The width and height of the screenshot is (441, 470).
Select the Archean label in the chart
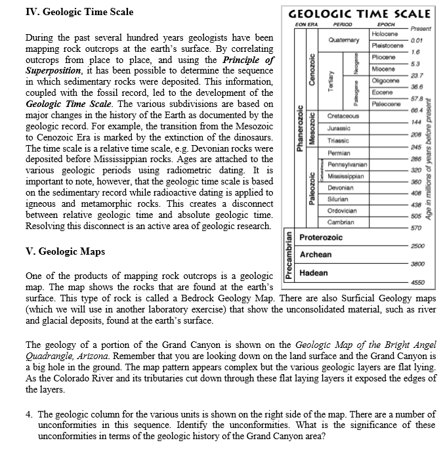(x=315, y=254)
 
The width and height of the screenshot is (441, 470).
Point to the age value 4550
(x=418, y=282)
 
